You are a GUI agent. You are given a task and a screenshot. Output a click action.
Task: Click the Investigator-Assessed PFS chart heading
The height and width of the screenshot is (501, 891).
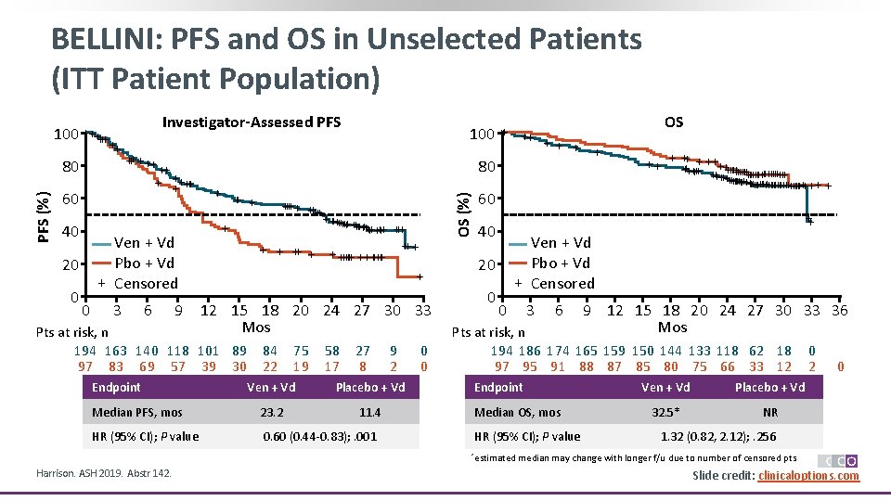(x=252, y=122)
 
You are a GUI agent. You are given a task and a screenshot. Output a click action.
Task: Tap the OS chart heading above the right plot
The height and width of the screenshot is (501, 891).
(x=674, y=122)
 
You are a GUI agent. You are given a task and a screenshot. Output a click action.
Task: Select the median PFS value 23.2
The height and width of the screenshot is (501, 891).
(x=273, y=412)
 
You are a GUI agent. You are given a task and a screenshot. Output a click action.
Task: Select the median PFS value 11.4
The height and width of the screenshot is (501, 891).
(x=370, y=412)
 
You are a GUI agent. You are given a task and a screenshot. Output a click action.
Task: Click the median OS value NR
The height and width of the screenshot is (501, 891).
(x=769, y=412)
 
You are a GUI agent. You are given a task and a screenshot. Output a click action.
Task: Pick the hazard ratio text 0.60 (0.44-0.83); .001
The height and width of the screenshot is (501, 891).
(x=320, y=436)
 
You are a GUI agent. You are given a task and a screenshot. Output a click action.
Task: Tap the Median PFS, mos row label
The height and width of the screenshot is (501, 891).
(x=137, y=412)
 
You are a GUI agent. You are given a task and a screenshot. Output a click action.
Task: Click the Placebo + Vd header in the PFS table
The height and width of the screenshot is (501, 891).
(x=370, y=387)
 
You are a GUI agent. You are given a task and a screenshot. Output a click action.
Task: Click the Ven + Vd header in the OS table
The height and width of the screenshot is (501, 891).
(x=665, y=387)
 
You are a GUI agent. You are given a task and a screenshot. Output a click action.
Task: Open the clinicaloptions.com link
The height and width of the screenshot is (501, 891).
(x=808, y=476)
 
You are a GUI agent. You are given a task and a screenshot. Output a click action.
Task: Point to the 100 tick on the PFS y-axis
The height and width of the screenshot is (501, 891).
(x=65, y=135)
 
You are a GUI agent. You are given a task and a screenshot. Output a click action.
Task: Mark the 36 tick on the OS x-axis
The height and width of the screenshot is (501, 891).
(x=840, y=311)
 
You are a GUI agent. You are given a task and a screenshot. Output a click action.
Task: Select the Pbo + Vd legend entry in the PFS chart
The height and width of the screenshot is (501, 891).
(x=144, y=263)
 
